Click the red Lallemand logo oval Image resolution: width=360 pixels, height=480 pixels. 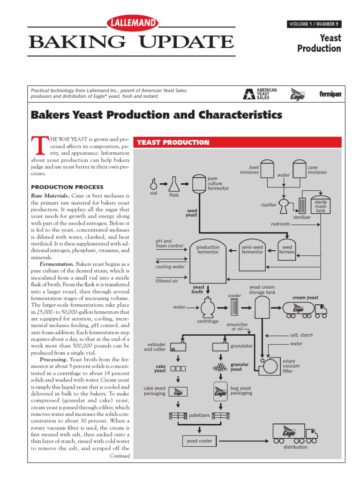coord(133,23)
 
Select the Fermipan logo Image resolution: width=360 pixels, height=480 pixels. coord(330,94)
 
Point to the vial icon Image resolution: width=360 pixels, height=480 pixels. coord(154,182)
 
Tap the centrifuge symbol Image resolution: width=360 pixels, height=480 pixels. coord(207,308)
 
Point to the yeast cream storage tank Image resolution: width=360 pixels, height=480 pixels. coord(262,308)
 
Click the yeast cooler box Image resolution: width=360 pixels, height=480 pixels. coord(199,441)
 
